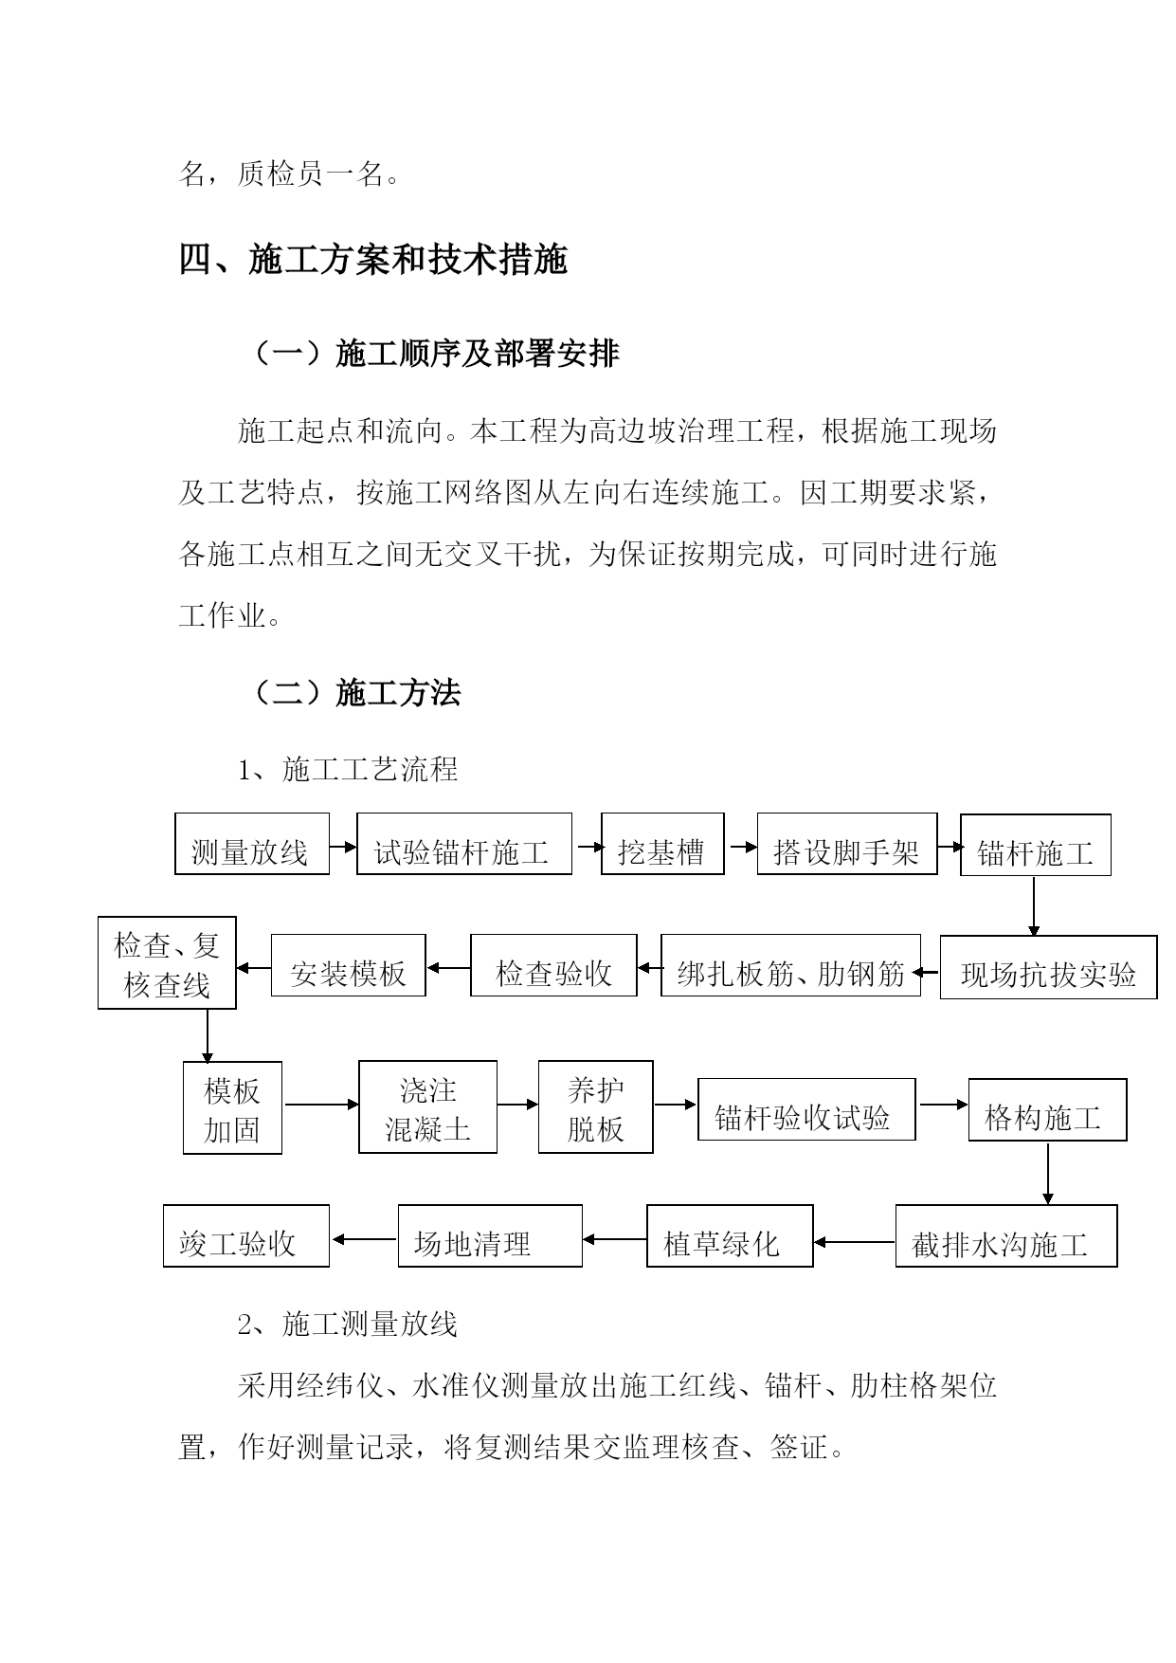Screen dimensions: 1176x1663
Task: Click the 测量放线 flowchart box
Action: tap(252, 843)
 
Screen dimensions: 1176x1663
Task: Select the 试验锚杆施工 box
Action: tap(464, 843)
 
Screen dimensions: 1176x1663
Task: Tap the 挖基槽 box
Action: tap(662, 843)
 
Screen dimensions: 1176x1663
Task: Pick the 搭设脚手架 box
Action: tap(847, 843)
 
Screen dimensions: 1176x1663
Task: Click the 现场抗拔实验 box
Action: tap(1048, 967)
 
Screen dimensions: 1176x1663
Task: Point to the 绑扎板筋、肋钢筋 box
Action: tap(791, 965)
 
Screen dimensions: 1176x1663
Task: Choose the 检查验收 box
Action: tap(553, 965)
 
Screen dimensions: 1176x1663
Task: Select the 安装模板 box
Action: tap(349, 965)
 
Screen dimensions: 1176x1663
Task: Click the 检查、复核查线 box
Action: tap(167, 962)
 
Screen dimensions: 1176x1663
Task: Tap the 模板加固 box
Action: tap(232, 1107)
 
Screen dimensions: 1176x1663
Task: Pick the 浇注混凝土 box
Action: tap(427, 1106)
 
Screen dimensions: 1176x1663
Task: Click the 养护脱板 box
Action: tap(595, 1106)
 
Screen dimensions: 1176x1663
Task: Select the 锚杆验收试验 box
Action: tap(806, 1109)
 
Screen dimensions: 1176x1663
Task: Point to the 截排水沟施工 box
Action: tap(1006, 1235)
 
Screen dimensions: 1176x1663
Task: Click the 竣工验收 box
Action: tap(246, 1235)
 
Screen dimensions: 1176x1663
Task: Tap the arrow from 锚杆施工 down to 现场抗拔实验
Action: tap(1034, 906)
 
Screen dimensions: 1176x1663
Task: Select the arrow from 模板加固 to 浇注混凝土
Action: tap(321, 1104)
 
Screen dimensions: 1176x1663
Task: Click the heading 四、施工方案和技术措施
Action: tap(373, 260)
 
